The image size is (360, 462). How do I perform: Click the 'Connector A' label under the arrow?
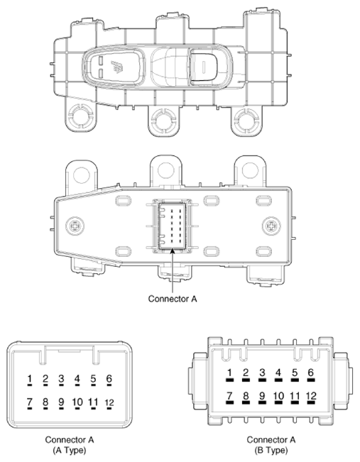(172, 298)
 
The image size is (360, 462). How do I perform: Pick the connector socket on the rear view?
(171, 226)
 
